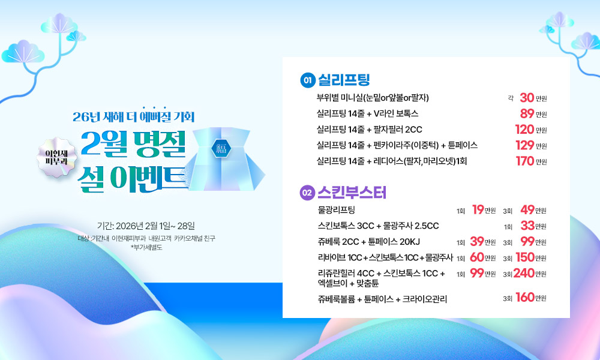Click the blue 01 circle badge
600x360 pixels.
pos(308,80)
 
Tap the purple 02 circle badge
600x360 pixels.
pos(307,193)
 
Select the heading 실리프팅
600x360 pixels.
pos(344,80)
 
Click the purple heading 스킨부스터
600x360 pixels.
pos(352,193)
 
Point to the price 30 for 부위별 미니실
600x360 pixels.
pos(527,98)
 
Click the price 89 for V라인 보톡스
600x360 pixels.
pos(527,113)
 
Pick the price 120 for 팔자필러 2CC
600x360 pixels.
pos(524,130)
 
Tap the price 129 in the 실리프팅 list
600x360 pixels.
pos(524,145)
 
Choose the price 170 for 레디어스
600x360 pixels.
pos(524,161)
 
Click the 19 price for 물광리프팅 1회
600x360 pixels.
pos(478,209)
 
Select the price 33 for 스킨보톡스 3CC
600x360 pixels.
pos(527,226)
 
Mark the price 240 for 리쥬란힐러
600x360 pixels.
pos(524,273)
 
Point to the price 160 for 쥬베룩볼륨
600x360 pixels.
pos(525,297)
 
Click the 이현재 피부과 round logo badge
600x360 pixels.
pos(56,157)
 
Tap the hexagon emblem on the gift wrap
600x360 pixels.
pos(221,148)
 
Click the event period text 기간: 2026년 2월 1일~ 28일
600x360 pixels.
pos(146,226)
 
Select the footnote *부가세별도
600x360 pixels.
pos(146,248)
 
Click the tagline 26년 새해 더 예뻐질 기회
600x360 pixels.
pos(134,116)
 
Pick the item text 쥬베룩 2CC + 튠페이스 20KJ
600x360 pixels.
pos(369,242)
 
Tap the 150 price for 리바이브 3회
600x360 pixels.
pos(525,257)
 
